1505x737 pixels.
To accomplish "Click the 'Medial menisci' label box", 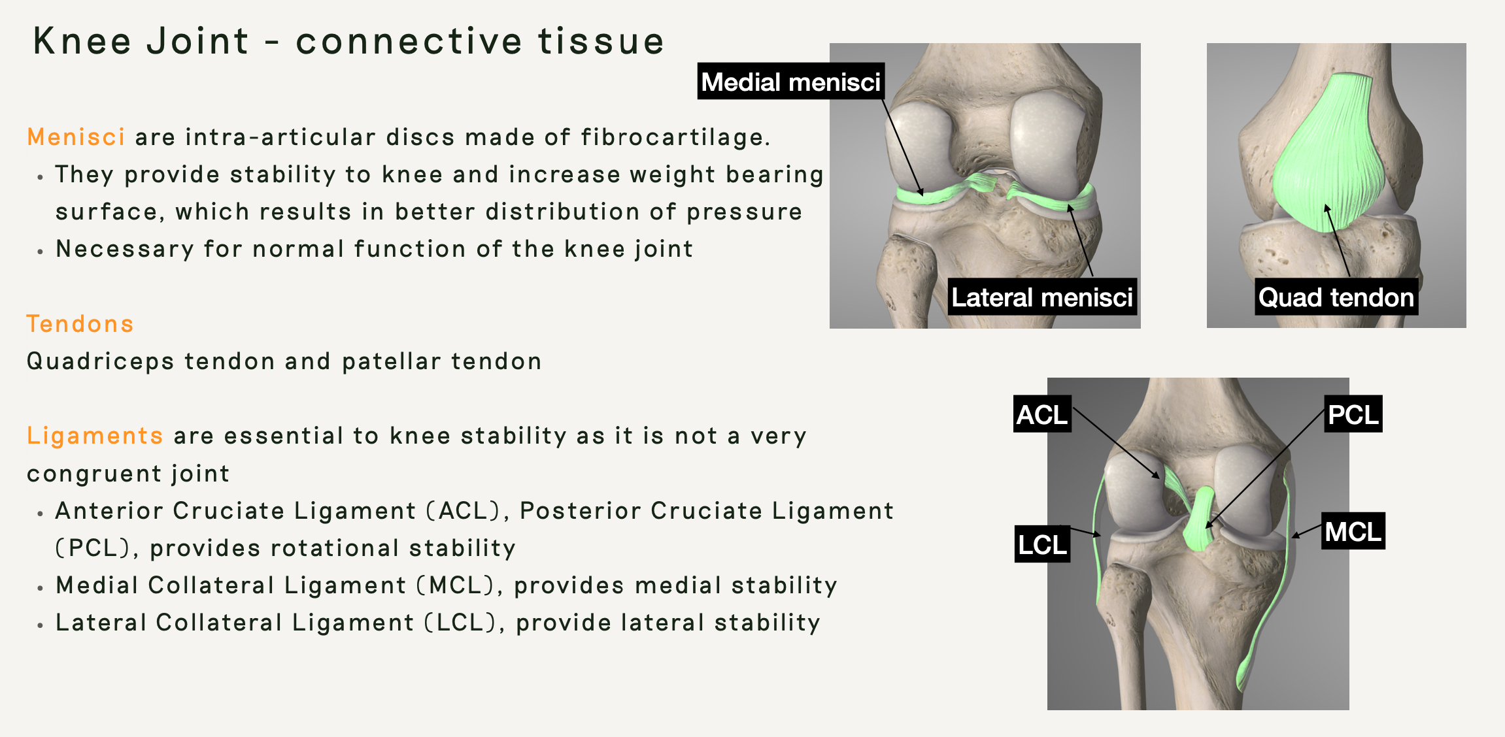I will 790,82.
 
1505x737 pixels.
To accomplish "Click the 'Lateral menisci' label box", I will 1041,297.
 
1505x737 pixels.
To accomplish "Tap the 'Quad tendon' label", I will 1336,297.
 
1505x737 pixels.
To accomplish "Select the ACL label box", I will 1042,414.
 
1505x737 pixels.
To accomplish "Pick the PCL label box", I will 1353,414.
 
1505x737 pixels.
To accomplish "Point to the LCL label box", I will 1042,544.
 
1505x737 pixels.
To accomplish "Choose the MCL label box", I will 1353,531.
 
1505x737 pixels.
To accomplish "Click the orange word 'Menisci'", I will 76,137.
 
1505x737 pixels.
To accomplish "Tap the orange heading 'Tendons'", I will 80,324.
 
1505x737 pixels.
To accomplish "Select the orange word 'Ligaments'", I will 95,436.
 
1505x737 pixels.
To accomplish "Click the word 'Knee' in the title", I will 82,41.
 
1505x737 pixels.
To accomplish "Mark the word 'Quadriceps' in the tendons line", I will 100,361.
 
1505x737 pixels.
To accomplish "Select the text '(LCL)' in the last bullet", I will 465,623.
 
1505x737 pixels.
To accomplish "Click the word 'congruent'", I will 93,474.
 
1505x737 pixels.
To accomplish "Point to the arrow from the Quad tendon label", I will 1338,242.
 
